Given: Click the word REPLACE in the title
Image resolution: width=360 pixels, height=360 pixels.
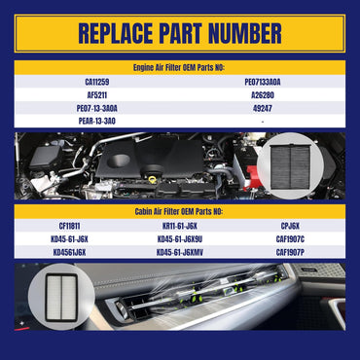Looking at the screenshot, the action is (x=116, y=33).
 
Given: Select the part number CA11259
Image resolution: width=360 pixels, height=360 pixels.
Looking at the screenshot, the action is (x=97, y=82).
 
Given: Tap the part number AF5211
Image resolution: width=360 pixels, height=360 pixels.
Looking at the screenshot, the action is (x=97, y=95).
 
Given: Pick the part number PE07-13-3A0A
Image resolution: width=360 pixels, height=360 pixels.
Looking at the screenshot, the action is (x=97, y=108).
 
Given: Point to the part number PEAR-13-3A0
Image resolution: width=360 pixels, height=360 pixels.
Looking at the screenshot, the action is (x=97, y=122).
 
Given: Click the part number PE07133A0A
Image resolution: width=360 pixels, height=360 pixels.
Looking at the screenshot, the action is (x=263, y=82).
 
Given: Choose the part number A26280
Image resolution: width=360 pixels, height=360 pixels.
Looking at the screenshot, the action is (x=263, y=95).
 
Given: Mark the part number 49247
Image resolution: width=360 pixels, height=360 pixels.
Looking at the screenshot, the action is (x=263, y=108).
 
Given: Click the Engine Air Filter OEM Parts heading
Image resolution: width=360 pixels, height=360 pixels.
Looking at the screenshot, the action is (x=179, y=68).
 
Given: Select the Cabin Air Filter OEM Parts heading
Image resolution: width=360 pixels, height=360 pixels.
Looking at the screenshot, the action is (x=179, y=212).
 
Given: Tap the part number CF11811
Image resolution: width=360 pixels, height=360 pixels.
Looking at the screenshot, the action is (x=69, y=226).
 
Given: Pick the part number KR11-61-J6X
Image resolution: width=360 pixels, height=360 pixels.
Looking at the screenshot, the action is (x=180, y=226).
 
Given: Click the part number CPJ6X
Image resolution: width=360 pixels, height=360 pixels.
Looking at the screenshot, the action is (x=290, y=226).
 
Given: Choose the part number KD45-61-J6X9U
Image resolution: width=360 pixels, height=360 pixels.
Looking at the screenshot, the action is (x=180, y=239).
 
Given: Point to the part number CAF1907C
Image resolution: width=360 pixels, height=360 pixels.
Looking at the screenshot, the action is (x=290, y=239).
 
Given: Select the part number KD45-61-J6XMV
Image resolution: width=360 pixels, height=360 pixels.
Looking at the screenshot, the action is (x=180, y=252).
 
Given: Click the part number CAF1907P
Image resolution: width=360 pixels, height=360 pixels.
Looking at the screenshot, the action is (x=290, y=252).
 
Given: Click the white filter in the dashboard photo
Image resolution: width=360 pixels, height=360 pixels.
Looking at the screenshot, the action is (x=61, y=298).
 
